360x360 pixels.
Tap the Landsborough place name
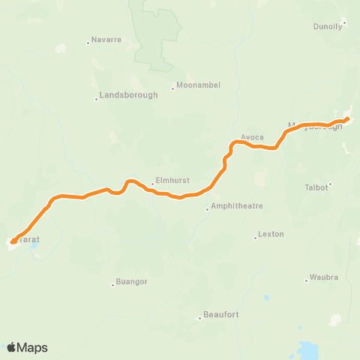[129, 95]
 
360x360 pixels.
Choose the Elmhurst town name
[169, 181]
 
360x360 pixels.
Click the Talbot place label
[316, 187]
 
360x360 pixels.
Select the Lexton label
[271, 234]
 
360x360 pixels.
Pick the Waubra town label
[325, 277]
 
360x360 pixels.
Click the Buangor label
[132, 282]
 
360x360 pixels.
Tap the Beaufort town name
[222, 314]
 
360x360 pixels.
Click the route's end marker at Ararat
[13, 241]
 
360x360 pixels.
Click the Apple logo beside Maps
[12, 347]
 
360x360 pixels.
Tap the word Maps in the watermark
[33, 347]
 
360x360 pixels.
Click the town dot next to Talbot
[331, 184]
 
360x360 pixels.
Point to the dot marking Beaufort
[199, 318]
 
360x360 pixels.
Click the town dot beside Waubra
[306, 280]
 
